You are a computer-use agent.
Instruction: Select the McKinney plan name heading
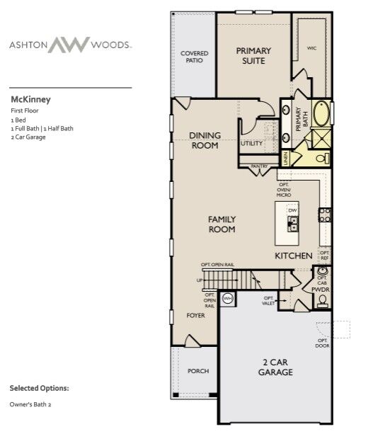point(30,100)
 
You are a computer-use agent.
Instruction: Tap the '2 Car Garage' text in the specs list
point(28,137)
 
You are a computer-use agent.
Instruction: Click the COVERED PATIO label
point(194,57)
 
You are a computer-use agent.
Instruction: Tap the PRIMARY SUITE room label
point(254,56)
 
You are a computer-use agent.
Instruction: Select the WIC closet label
point(311,48)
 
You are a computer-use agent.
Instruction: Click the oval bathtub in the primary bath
point(322,113)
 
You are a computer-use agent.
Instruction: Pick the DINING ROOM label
point(205,140)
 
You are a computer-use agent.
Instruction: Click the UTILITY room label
point(251,143)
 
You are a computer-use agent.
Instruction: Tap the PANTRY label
point(258,166)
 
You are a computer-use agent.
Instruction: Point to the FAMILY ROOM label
point(222,224)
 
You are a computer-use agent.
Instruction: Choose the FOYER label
point(195,315)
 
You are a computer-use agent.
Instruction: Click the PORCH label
point(197,371)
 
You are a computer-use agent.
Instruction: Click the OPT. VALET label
point(269,300)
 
